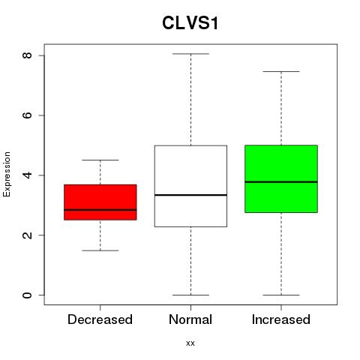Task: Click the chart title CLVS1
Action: point(190,23)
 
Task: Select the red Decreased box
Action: point(100,202)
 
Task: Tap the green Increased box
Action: point(281,178)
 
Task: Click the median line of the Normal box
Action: point(190,195)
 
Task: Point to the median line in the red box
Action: point(100,210)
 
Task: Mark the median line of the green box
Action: point(281,182)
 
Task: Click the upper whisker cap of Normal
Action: point(190,54)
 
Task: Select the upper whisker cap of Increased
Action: point(281,72)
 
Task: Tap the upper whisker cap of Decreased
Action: point(100,160)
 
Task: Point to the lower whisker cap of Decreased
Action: point(100,250)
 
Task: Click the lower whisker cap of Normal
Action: point(190,295)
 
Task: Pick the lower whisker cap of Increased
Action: point(281,295)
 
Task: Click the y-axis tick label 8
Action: point(27,55)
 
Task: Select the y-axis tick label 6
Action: point(27,115)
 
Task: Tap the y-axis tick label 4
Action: point(27,175)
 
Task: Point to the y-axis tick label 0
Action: point(27,295)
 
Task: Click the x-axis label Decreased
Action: point(100,319)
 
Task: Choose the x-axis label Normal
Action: point(190,319)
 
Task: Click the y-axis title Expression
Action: point(7,175)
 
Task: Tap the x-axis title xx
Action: point(190,343)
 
